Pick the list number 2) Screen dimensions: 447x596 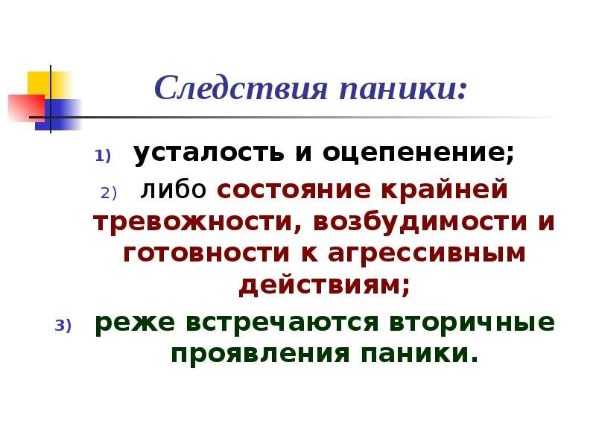[x=109, y=193]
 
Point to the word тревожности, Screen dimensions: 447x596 [x=192, y=222]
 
